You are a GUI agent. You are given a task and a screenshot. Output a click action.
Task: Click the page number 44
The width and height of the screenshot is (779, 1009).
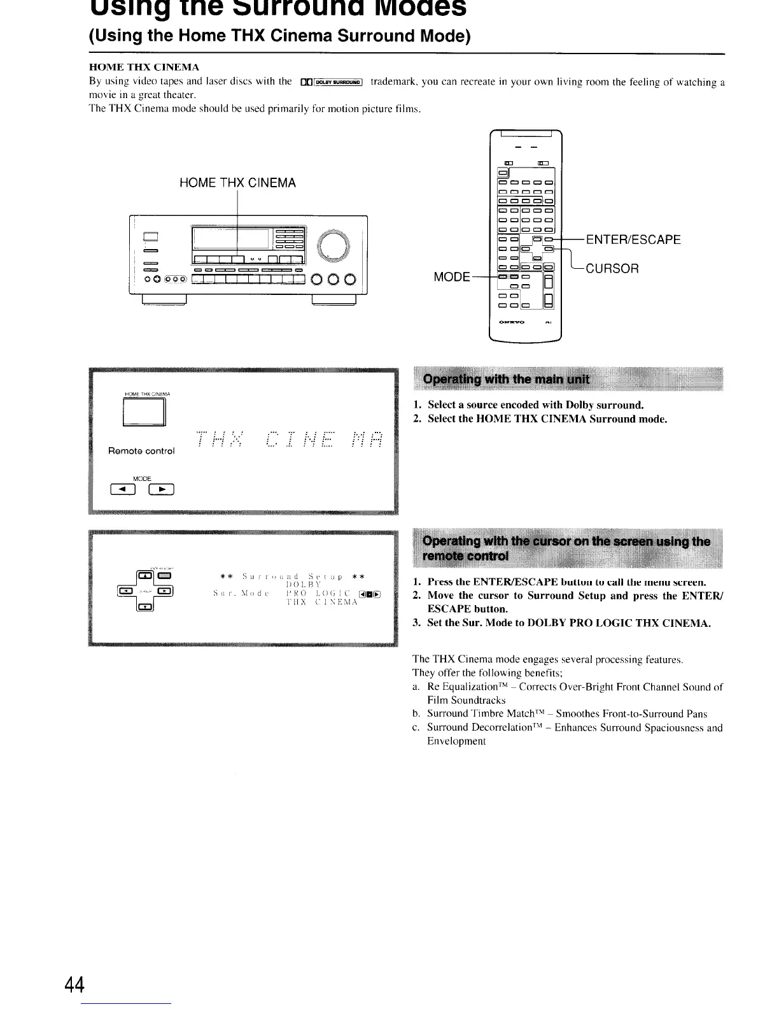(74, 985)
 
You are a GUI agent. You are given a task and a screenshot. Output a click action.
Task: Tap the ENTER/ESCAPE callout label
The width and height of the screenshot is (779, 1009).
(633, 240)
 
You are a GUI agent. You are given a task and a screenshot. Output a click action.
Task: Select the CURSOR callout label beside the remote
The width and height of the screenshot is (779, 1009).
(612, 268)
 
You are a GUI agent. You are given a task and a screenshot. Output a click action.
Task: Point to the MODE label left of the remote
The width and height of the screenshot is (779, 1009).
(451, 277)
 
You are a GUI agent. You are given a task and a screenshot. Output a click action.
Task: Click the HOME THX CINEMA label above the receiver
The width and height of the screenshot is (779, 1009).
(237, 183)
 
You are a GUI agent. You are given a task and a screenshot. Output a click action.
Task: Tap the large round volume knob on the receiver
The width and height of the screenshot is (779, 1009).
(333, 245)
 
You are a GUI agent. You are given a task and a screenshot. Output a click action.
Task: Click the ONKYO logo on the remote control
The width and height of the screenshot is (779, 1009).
(512, 322)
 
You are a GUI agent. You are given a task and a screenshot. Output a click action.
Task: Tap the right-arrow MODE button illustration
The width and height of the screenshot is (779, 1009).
(162, 490)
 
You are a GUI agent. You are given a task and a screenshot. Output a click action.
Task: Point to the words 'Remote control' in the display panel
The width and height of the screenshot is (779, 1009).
(141, 451)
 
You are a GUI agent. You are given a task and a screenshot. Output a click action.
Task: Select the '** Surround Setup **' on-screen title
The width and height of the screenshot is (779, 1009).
(291, 576)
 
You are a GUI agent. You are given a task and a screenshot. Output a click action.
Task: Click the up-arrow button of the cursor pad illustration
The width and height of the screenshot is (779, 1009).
(146, 576)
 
